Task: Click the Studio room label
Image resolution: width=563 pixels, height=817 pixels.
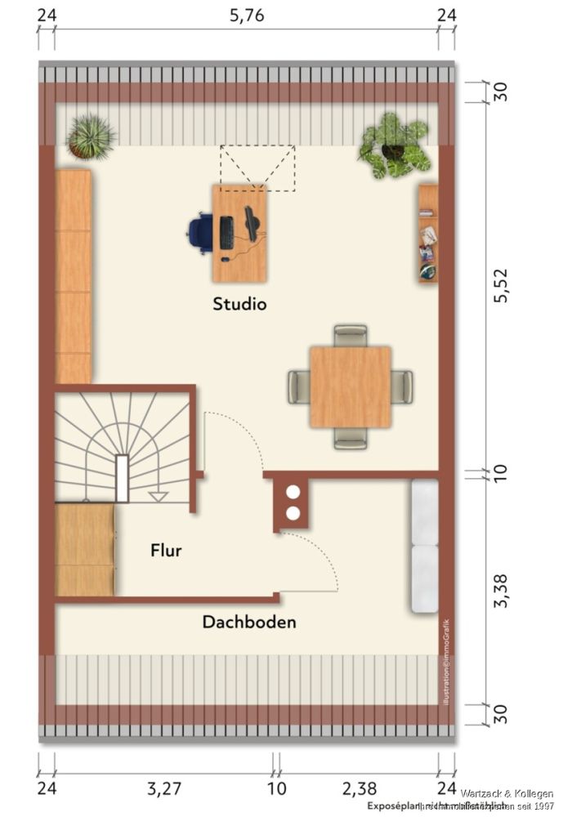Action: (x=239, y=304)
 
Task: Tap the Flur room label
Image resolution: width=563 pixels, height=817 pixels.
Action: (x=165, y=551)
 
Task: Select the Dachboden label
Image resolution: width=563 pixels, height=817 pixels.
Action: (x=249, y=622)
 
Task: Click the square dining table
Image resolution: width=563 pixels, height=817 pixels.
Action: (x=350, y=386)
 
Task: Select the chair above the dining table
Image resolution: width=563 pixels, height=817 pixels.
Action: (x=351, y=333)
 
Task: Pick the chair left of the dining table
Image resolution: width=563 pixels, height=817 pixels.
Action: (x=298, y=386)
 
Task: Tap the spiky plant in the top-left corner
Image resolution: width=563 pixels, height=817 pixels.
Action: (x=91, y=136)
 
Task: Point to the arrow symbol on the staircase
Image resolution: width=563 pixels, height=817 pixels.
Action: (x=158, y=496)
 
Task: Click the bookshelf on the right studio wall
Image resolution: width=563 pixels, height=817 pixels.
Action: (x=428, y=234)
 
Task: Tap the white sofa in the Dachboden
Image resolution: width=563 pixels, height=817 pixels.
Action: (x=424, y=545)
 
